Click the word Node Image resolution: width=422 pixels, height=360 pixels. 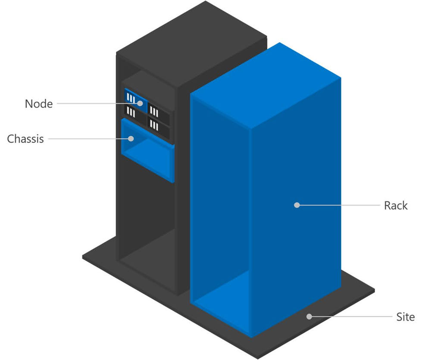[x=39, y=104]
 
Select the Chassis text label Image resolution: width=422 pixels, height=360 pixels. [x=25, y=139]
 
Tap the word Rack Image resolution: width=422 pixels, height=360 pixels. [x=395, y=205]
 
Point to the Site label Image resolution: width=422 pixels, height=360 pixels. [x=405, y=317]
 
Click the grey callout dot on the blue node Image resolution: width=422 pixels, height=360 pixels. [x=140, y=103]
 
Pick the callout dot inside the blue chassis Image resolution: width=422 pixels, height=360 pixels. [x=130, y=138]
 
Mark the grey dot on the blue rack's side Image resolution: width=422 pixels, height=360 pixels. [x=297, y=205]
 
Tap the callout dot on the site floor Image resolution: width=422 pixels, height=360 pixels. [x=309, y=317]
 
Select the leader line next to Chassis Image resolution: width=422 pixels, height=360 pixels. [x=88, y=139]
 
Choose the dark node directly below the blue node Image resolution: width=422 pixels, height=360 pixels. [x=132, y=113]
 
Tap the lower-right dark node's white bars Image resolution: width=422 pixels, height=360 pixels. [x=155, y=125]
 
